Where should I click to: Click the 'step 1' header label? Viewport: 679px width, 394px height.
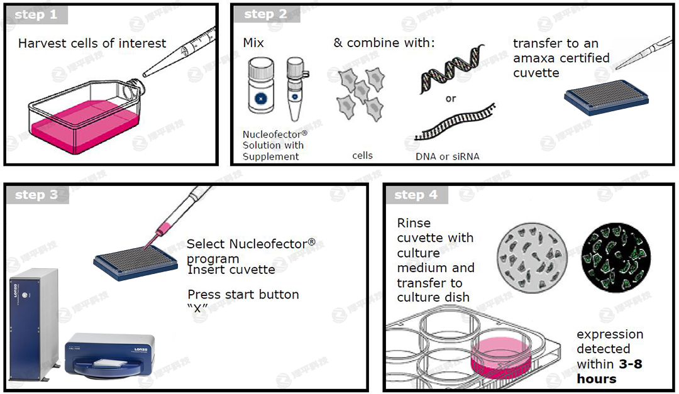point(35,15)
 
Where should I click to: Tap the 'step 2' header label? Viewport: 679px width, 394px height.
point(265,14)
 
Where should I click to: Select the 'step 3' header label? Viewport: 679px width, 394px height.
point(36,195)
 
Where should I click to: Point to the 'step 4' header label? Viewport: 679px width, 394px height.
point(416,195)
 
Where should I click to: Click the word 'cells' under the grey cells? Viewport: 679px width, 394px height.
point(362,155)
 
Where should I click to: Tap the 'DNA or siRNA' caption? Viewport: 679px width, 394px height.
point(447,156)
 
